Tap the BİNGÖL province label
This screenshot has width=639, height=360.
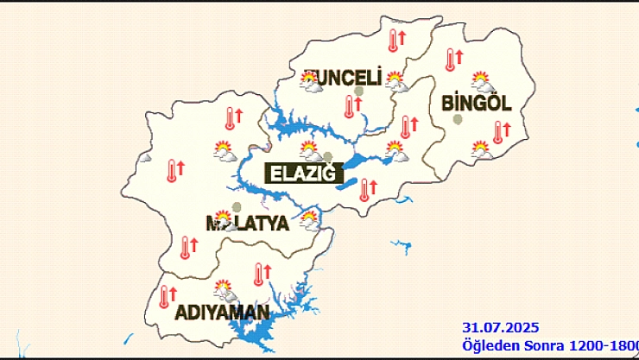click(x=477, y=104)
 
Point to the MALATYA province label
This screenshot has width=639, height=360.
click(x=247, y=224)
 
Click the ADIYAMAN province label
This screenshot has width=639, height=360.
click(x=222, y=312)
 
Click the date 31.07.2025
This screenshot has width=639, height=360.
click(x=501, y=327)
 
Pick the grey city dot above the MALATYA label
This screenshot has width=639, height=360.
click(x=237, y=207)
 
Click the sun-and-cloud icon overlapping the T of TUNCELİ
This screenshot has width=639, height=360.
click(x=308, y=81)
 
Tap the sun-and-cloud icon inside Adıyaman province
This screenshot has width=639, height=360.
click(x=225, y=289)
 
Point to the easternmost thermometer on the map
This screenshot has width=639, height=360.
click(x=498, y=131)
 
